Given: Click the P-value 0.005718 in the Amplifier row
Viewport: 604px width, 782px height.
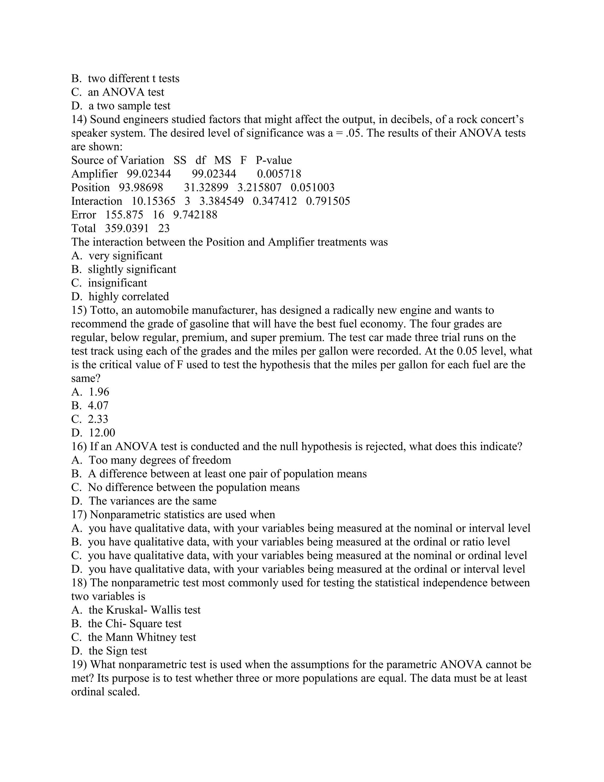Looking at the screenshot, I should (279, 174).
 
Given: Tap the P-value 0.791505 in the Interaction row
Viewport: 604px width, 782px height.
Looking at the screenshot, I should (328, 201).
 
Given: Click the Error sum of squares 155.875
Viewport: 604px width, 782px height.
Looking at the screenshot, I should (124, 215).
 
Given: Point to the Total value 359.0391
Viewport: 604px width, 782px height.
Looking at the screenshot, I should (127, 228).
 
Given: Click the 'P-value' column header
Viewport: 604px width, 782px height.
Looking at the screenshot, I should (274, 161).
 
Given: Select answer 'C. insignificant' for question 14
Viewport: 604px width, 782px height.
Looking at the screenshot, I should (117, 283).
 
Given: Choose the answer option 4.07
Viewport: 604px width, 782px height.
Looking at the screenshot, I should (98, 406).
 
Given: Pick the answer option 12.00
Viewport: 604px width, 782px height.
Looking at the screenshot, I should (102, 433).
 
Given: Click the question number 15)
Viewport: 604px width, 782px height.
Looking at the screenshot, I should (79, 310).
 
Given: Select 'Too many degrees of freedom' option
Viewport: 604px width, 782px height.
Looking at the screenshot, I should (160, 460).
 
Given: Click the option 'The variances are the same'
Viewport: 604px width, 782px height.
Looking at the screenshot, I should (152, 501).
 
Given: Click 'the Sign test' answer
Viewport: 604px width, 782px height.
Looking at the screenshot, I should (117, 651).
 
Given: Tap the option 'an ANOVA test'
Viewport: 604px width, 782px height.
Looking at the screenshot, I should (126, 92).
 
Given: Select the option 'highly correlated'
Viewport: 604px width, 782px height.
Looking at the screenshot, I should (129, 297).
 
